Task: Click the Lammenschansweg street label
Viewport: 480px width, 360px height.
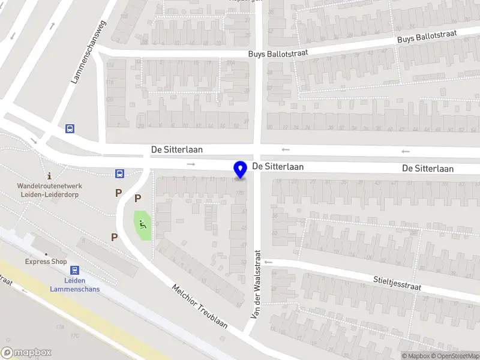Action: point(88,51)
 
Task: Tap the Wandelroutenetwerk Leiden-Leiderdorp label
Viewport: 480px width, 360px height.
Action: point(49,190)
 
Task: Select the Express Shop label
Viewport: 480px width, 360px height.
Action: point(46,262)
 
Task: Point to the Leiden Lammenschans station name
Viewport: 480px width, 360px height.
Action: point(74,285)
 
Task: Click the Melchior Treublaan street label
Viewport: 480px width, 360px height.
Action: point(200,306)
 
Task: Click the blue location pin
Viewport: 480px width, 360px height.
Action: point(241,170)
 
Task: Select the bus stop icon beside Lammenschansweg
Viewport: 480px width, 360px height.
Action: point(70,128)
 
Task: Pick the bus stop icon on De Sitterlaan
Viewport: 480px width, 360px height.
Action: point(120,174)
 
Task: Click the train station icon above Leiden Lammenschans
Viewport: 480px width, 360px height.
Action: point(74,271)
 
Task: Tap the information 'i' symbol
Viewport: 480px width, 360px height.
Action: point(49,176)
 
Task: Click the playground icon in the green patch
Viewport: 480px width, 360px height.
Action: point(143,225)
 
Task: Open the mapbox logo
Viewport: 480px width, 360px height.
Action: point(26,353)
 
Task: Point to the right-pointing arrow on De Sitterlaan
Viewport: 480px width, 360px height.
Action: point(191,164)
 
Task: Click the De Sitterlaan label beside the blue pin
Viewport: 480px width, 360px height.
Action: point(278,167)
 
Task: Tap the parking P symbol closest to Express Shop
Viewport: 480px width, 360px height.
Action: point(114,237)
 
